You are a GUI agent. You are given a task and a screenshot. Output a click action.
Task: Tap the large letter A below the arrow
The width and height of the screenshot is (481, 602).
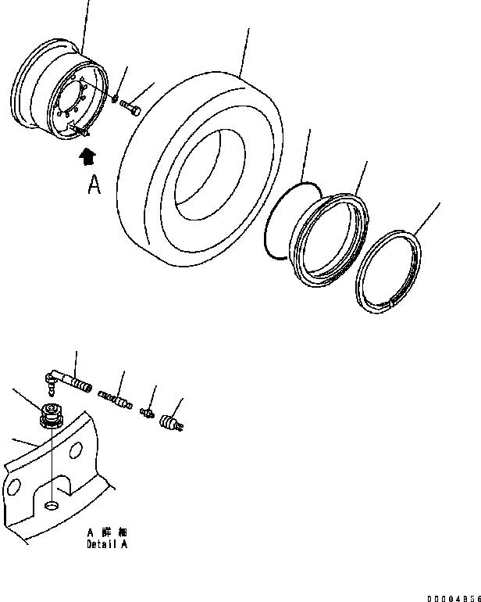point(94,185)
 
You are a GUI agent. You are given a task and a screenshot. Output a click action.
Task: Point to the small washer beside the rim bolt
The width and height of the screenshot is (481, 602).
point(116,100)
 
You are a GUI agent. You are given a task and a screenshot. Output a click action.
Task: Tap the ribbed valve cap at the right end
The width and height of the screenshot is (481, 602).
point(170,423)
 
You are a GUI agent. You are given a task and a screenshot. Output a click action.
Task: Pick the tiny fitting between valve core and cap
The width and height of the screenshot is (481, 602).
point(147,411)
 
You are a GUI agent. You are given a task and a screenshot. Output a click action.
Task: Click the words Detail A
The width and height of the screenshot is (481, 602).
point(107,544)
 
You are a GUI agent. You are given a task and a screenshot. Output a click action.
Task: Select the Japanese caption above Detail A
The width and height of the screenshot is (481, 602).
point(107,532)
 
